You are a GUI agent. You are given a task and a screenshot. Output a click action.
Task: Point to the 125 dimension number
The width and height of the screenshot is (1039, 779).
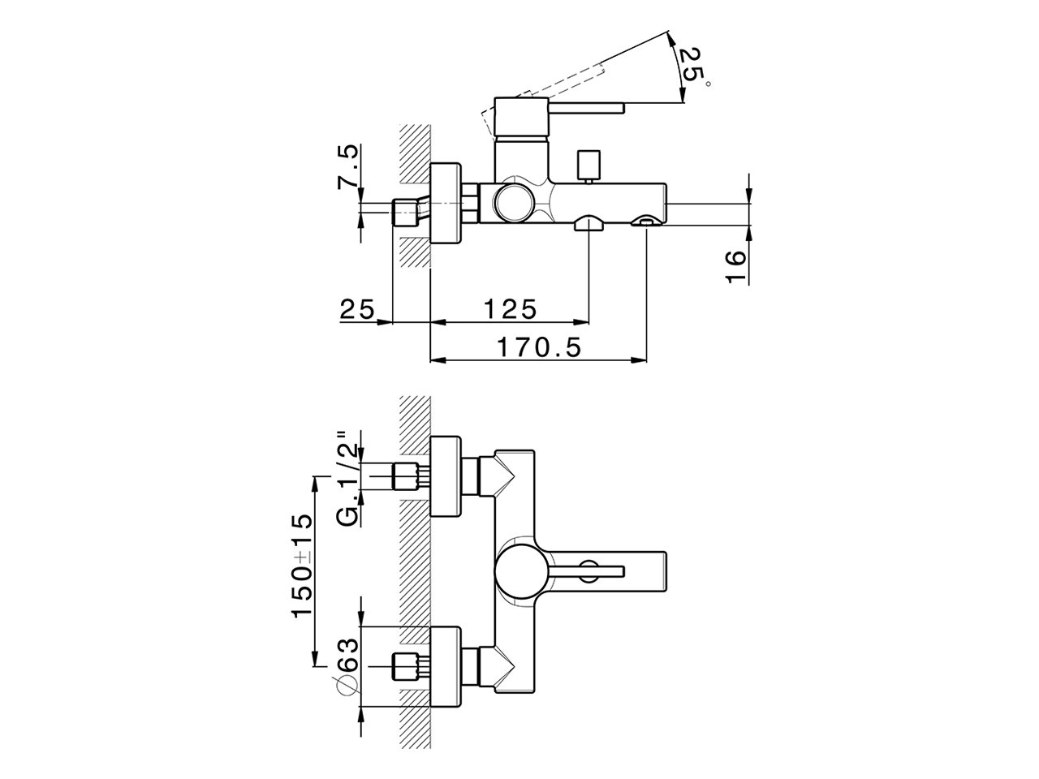511,309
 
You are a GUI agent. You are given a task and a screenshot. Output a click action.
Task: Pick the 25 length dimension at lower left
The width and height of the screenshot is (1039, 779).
357,309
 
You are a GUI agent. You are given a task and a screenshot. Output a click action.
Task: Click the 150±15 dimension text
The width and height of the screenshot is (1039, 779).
302,565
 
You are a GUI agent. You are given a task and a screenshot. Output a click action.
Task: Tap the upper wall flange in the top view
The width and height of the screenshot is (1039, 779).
445,476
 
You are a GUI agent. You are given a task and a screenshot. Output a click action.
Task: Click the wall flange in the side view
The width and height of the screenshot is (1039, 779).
445,203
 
